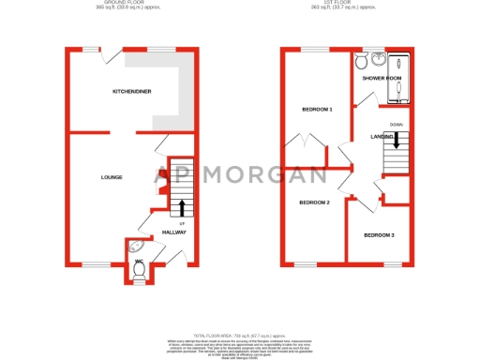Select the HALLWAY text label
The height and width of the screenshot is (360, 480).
174,232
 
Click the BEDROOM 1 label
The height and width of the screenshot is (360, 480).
317,110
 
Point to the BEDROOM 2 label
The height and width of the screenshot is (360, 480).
314,202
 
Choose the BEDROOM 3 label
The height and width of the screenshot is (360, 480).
379,234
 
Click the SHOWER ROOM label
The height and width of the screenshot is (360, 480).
382,78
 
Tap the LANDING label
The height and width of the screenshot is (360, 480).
382,137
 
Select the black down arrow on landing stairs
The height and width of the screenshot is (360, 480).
397,140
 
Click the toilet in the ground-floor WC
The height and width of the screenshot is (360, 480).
140,269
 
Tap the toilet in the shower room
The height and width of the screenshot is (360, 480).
361,62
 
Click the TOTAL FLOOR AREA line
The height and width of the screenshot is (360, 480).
240,335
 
